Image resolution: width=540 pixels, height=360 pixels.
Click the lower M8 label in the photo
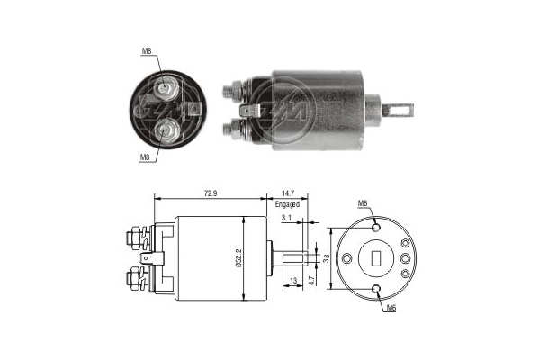[145, 157]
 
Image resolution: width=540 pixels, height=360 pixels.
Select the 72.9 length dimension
[211, 193]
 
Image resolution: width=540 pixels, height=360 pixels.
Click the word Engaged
[289, 204]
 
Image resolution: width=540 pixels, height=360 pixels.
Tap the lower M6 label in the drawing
[391, 310]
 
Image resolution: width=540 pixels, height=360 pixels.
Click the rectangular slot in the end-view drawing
[377, 259]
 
